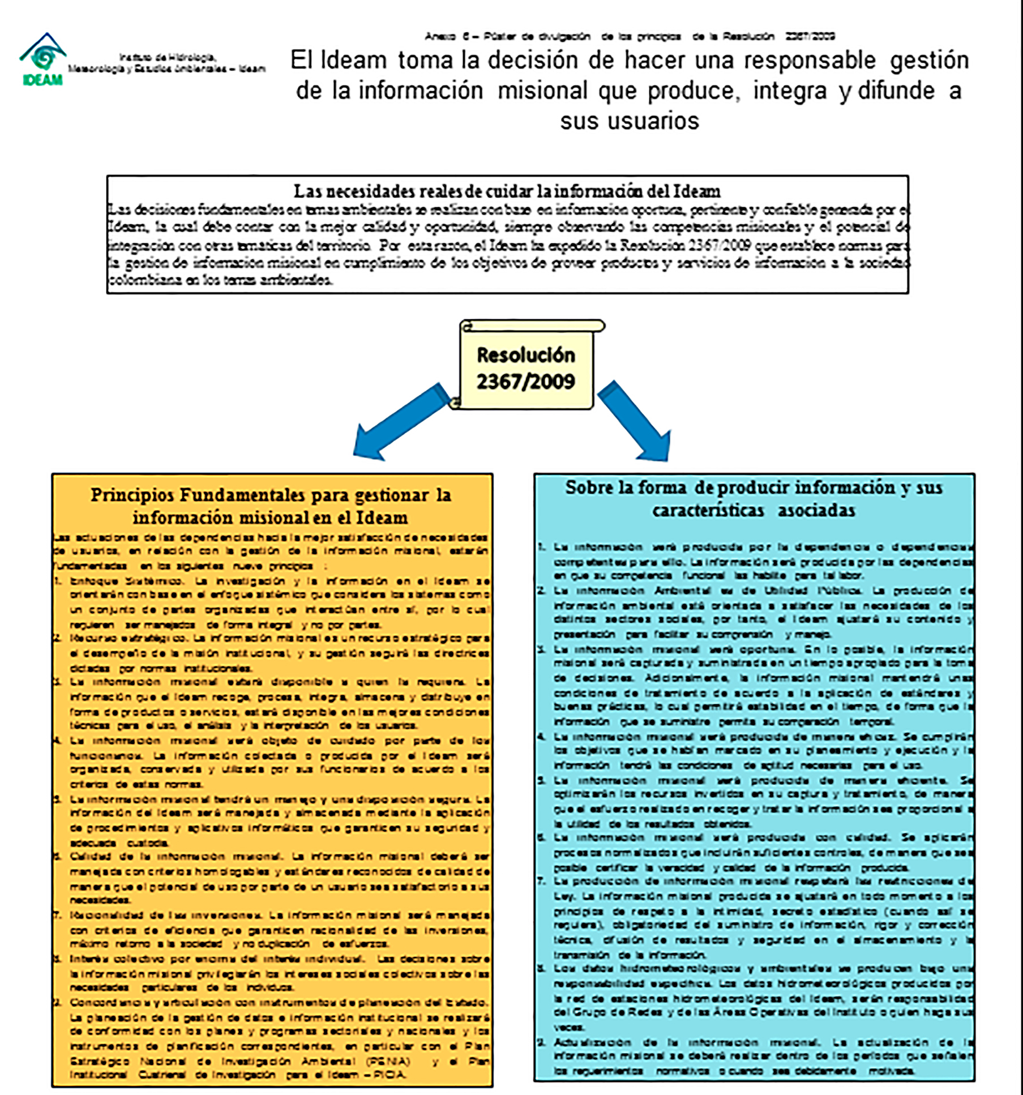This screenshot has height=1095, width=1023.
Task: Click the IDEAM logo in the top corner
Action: point(42,59)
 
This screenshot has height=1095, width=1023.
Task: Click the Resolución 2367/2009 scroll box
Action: point(527,366)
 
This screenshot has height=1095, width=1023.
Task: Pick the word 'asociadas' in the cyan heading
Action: point(816,511)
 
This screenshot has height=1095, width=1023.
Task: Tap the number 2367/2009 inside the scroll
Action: point(525,382)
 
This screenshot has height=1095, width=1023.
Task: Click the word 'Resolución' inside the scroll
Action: point(525,355)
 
